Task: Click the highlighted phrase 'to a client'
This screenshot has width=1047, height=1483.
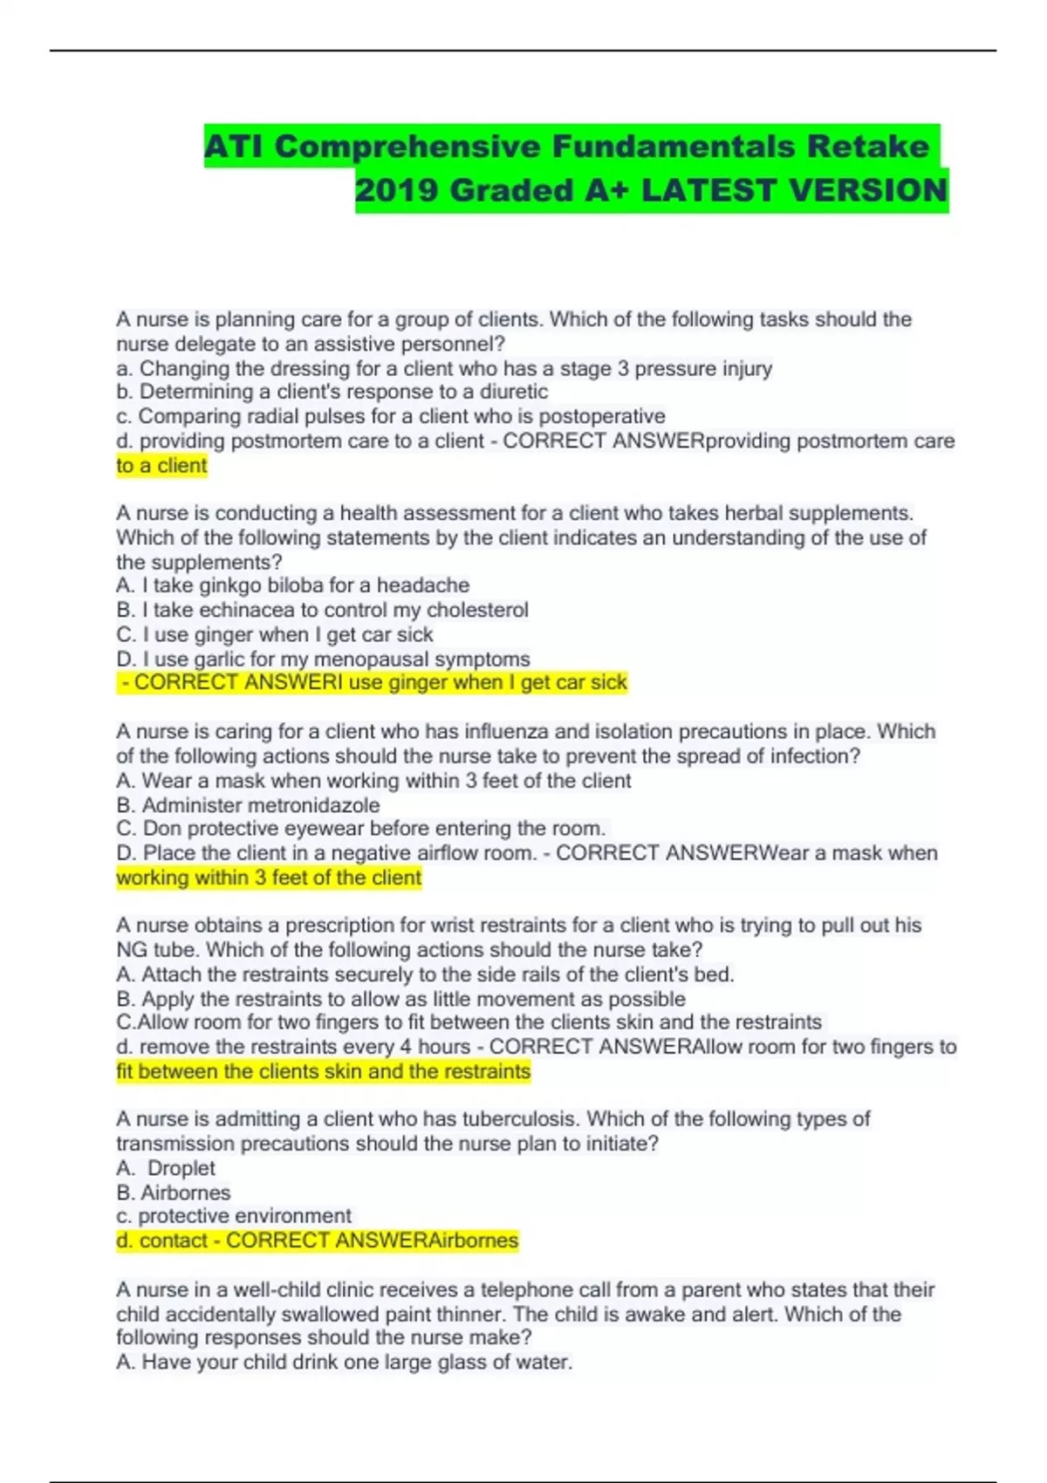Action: (161, 465)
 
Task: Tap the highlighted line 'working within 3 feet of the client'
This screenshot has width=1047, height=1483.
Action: (269, 878)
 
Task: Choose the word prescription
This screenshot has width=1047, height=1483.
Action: (348, 925)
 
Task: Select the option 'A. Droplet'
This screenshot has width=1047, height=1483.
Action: (166, 1168)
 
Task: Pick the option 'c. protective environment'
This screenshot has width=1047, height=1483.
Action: (234, 1216)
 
